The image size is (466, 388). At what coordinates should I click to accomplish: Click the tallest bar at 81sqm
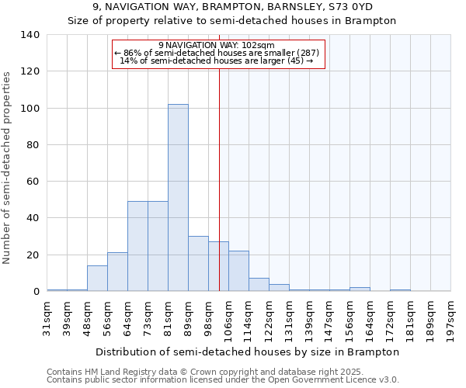178,198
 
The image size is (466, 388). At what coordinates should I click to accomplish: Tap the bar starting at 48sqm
97,279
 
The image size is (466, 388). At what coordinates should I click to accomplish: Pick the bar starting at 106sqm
238,271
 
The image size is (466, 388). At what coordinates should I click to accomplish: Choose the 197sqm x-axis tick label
451,317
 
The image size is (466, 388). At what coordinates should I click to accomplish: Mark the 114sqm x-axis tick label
249,317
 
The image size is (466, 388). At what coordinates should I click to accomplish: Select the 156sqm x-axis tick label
350,317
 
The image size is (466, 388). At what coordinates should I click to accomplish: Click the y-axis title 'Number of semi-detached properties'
8,167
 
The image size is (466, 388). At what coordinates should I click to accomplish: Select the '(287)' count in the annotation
304,53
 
